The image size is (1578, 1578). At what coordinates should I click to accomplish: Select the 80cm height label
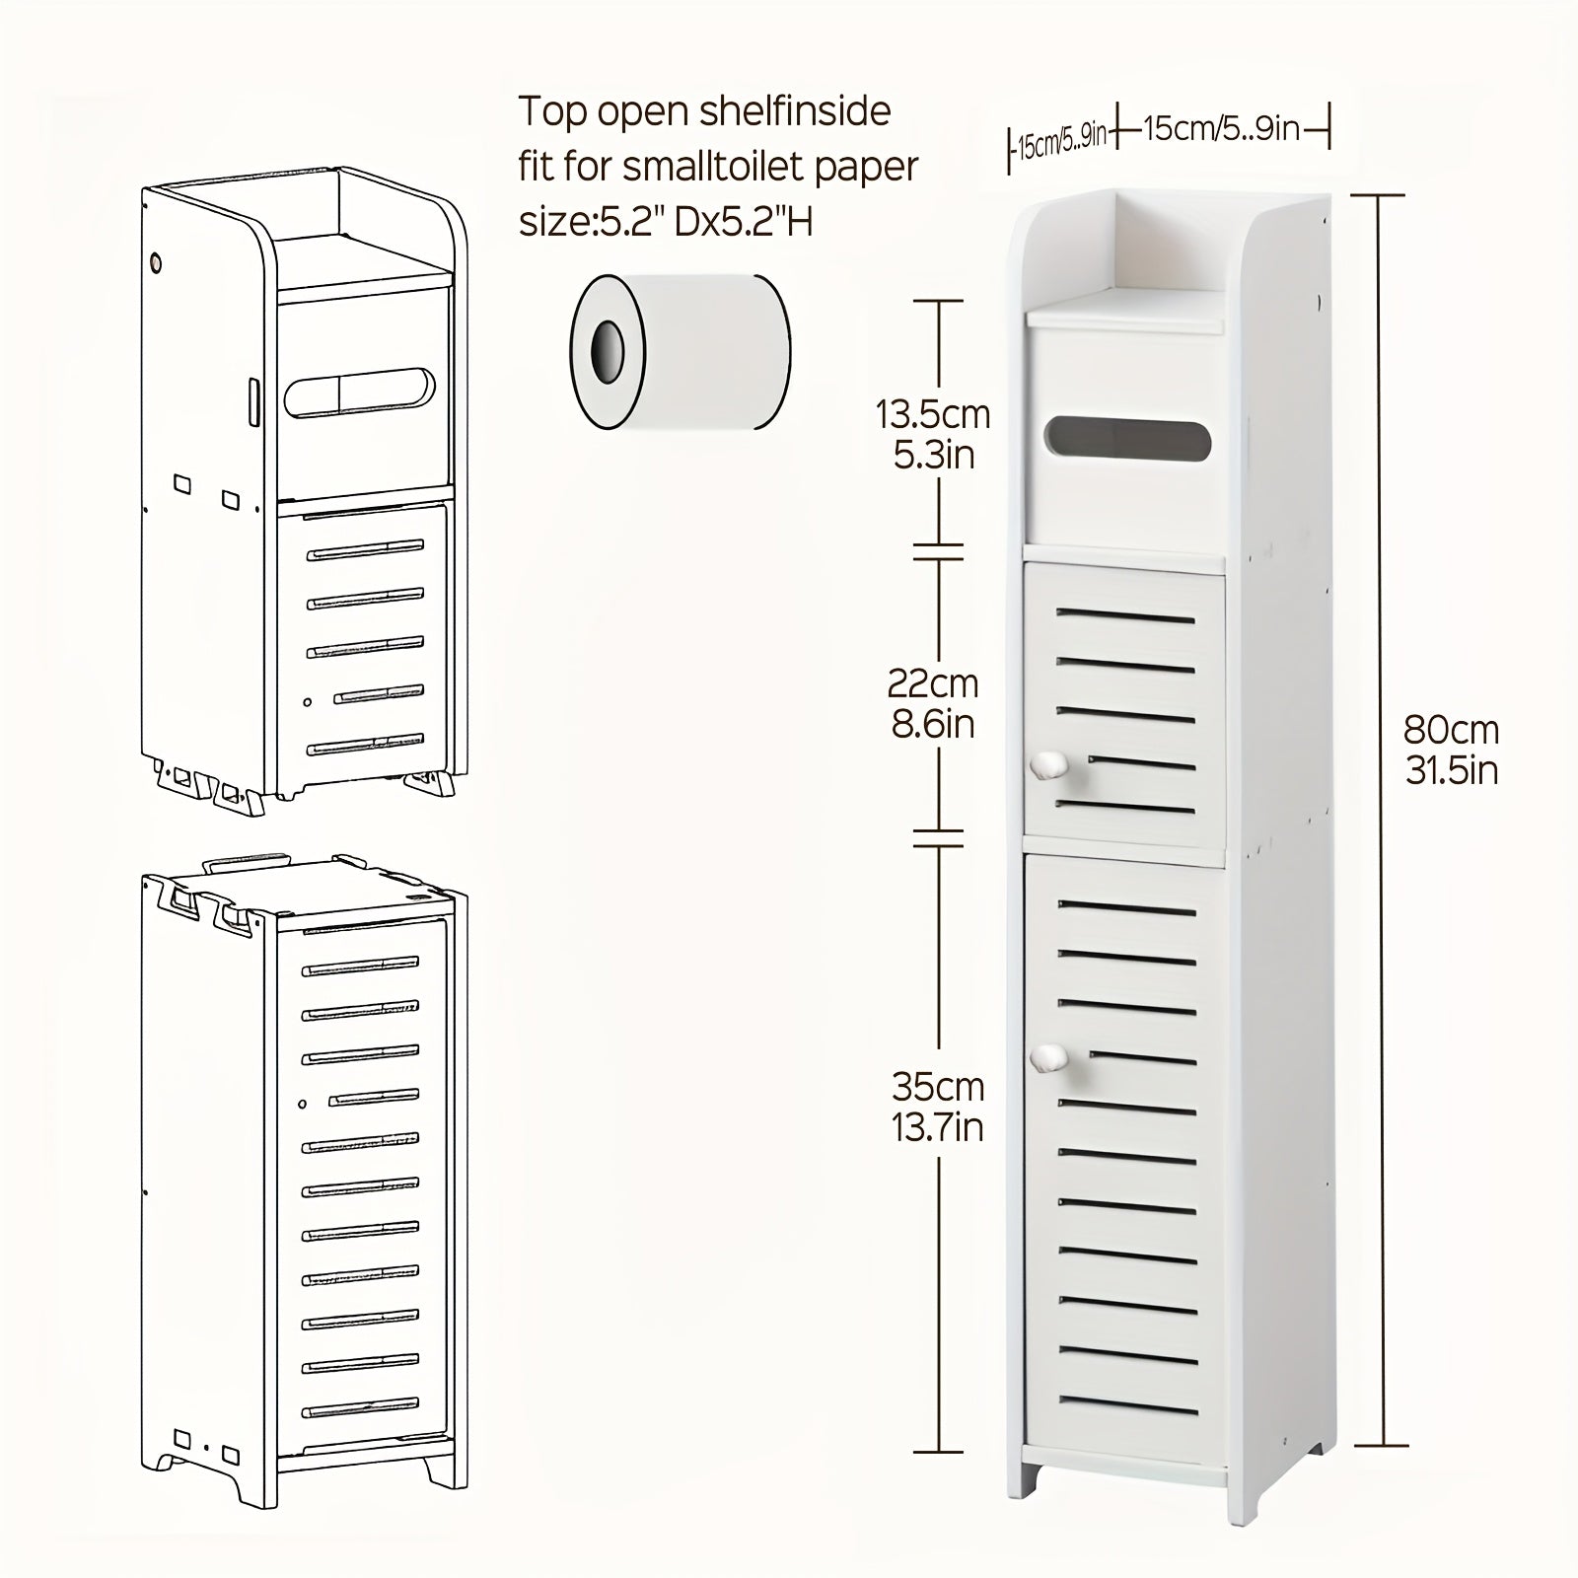(x=1451, y=731)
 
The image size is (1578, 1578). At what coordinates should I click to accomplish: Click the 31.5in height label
(x=1451, y=769)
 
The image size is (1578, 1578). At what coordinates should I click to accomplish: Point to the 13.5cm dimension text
(x=933, y=415)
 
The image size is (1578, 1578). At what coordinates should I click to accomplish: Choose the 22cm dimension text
(x=933, y=682)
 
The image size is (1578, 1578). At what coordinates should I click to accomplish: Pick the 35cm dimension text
(x=938, y=1087)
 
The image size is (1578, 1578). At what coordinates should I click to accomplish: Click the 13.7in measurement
(x=938, y=1126)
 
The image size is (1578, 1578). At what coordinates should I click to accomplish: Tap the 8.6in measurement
(x=933, y=724)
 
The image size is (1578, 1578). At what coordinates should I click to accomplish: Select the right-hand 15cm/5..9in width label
(x=1223, y=128)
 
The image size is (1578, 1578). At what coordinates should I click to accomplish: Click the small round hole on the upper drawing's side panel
(x=155, y=263)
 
